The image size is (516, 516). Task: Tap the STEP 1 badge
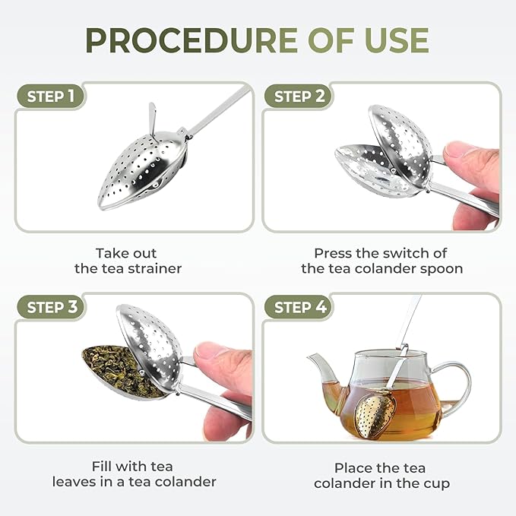(51, 97)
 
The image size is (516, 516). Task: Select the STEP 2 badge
(299, 97)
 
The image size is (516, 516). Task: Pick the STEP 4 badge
(299, 307)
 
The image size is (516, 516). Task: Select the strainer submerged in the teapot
(374, 414)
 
